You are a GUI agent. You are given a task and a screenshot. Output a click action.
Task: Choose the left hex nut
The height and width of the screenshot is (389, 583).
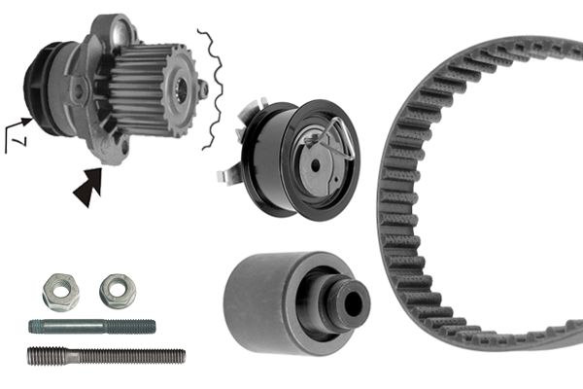tap(60, 290)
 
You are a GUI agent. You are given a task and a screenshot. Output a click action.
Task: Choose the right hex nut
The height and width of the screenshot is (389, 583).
tap(117, 288)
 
